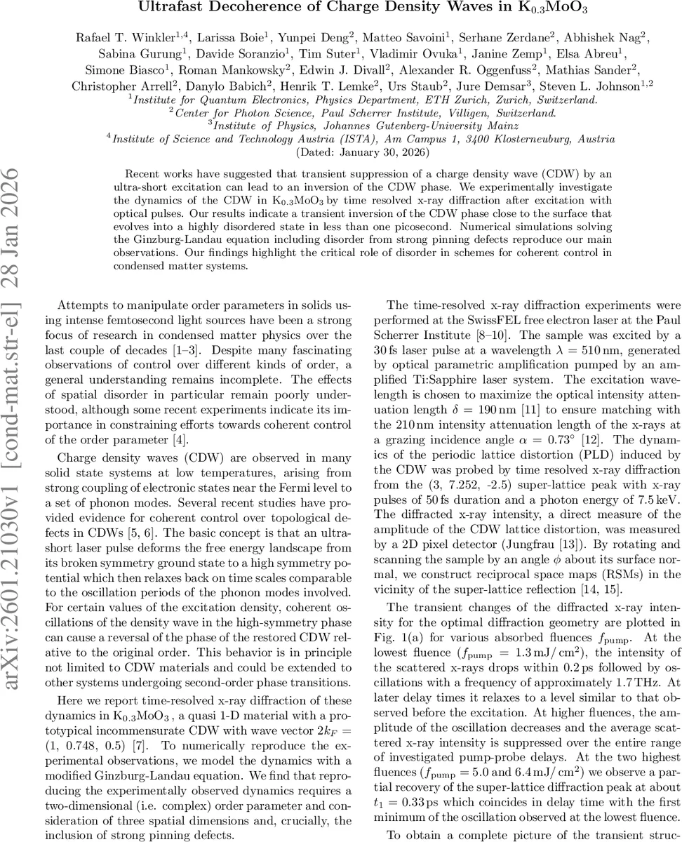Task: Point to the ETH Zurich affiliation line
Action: coord(363,100)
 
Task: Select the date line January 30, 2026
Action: coord(363,151)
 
